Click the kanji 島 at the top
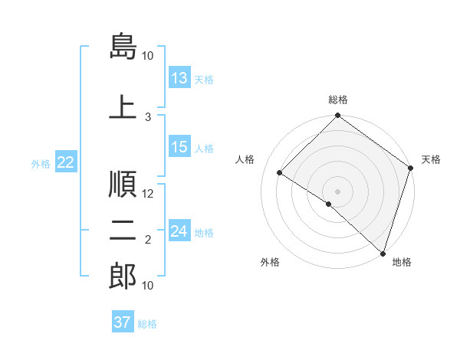(x=123, y=45)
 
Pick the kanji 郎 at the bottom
(x=123, y=275)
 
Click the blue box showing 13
(x=179, y=79)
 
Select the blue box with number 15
(x=179, y=148)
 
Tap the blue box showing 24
(x=179, y=232)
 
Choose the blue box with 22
(x=66, y=162)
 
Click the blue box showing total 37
(x=123, y=322)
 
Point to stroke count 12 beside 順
(x=149, y=194)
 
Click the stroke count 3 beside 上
(x=149, y=116)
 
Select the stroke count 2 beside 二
(x=149, y=241)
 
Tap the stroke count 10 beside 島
(x=148, y=56)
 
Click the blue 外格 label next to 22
(x=41, y=163)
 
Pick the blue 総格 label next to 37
(x=147, y=324)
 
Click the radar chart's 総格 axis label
(x=338, y=100)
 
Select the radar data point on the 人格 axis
(x=280, y=173)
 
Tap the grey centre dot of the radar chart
(x=337, y=191)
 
